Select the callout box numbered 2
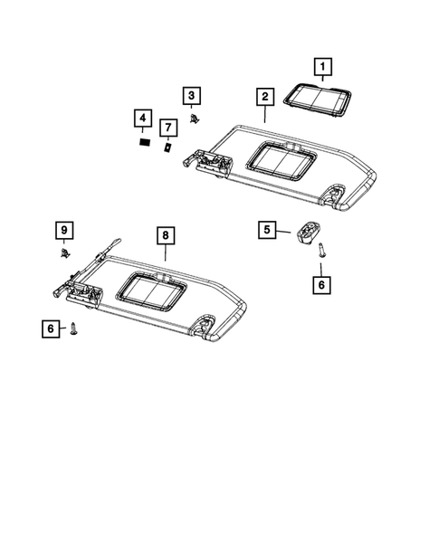tap(263, 97)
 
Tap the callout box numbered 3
tap(192, 96)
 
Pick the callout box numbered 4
tap(141, 119)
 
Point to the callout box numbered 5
tap(266, 230)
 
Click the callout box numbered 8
tap(165, 236)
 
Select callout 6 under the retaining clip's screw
tap(320, 285)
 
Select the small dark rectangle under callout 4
tap(142, 142)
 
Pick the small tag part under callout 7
tap(167, 146)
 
